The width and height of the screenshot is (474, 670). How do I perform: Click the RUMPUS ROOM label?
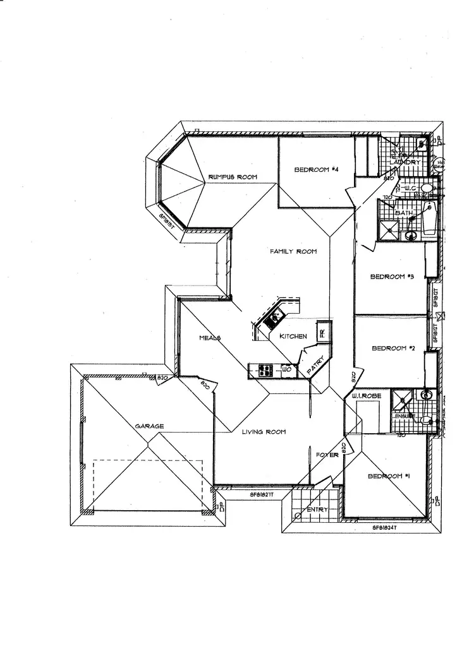(x=233, y=177)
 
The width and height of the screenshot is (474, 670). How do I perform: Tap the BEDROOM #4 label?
(x=317, y=170)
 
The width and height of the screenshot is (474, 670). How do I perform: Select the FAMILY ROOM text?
(x=293, y=251)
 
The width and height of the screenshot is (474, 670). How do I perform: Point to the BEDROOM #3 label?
(x=391, y=276)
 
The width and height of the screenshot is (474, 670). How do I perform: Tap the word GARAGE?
(x=149, y=426)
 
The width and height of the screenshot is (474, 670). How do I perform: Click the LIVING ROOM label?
(x=264, y=432)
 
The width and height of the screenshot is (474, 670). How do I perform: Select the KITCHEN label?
(x=293, y=337)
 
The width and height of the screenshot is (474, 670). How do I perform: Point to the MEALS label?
(x=210, y=338)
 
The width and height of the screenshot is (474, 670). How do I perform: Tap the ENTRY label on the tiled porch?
(x=317, y=510)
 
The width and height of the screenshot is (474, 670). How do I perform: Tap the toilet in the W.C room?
(x=427, y=188)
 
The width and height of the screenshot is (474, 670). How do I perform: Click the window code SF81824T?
(x=384, y=525)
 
